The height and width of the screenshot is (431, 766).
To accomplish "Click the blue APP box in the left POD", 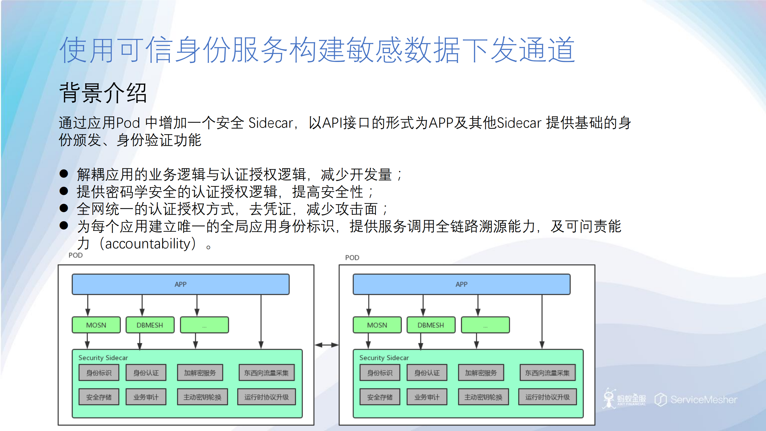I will tap(180, 284).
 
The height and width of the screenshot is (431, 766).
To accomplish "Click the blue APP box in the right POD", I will tap(461, 284).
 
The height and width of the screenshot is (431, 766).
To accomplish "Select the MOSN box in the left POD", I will tap(96, 325).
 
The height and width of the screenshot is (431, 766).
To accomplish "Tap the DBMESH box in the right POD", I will tap(431, 325).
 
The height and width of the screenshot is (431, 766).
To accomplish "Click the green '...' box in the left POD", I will tap(204, 325).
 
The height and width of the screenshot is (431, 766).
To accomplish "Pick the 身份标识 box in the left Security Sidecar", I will tap(99, 373).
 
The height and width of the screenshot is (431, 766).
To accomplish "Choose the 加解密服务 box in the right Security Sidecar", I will tap(481, 373).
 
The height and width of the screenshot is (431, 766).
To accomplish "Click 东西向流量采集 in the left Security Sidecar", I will tap(266, 373).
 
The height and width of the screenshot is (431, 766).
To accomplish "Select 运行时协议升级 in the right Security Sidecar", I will tap(547, 397).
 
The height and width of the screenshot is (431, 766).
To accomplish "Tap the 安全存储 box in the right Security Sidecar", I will tap(380, 397).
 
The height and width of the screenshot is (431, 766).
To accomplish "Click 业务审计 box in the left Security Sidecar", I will tap(146, 397).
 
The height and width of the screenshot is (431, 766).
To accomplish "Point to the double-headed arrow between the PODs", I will tap(326, 345).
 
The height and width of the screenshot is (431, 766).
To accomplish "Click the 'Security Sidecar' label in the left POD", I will tap(103, 358).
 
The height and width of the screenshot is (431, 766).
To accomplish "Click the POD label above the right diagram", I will tap(352, 258).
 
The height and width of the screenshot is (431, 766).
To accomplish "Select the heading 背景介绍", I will tap(103, 93).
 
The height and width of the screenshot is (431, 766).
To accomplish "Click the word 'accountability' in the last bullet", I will tap(148, 244).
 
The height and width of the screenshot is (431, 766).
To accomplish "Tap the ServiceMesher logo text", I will tap(703, 400).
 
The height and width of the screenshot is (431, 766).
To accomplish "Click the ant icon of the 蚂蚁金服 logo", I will tap(609, 398).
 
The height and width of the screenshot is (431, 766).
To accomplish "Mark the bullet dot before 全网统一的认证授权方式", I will tap(64, 208).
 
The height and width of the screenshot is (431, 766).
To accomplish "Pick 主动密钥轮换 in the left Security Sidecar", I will tap(202, 397).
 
